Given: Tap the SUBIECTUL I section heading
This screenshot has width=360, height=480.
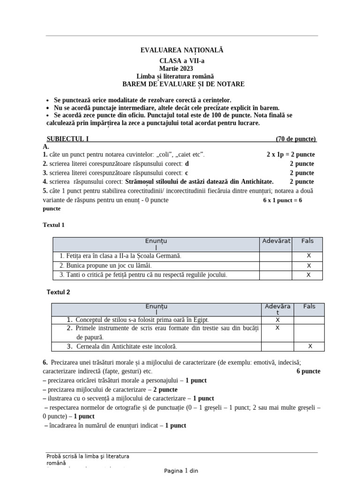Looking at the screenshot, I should pos(67,139).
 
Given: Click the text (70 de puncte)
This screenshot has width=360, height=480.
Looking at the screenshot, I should pos(296,139).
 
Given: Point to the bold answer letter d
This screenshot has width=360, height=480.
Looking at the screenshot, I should pos(187,164).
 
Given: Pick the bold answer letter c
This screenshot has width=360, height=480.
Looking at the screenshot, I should pos(187,172).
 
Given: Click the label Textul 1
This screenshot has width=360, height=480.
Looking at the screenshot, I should pos(53,225).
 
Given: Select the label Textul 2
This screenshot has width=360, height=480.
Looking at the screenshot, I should pos(58,292).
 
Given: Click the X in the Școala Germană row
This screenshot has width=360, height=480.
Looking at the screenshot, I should pos(308,256).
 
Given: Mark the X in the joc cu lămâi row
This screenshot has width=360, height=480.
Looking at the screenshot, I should pos(308,265).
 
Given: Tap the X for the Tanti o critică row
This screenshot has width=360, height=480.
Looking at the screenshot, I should pos(308,275).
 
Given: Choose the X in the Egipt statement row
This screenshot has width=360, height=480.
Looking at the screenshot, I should pos(277,319).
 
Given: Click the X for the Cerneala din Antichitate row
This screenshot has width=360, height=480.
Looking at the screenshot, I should pos(310,346).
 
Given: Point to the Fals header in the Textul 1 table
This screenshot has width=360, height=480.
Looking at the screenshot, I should pos(307,240).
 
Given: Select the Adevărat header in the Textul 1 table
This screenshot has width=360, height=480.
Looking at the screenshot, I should pos(276,240).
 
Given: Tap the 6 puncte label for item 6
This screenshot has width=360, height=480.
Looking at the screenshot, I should pos(308,371).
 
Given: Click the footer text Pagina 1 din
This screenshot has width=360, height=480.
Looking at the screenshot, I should pos(181,471).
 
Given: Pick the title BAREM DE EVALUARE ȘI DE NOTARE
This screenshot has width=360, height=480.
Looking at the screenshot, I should pos(183,84).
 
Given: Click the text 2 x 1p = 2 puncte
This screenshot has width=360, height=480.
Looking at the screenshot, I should pos(287,154).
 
